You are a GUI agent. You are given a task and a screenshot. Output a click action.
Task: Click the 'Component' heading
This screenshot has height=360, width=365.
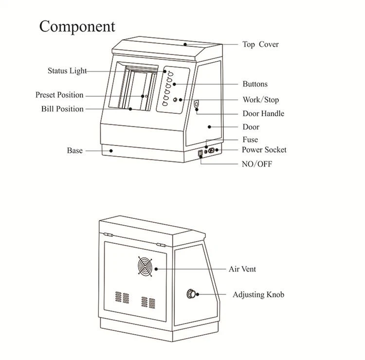coord(77,26)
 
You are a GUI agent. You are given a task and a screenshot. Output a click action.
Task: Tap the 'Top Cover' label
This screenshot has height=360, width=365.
coord(260,44)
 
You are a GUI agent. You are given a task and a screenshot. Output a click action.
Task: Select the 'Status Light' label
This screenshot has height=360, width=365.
coord(67,71)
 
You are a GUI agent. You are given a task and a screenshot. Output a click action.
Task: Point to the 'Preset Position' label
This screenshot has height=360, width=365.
coord(59,95)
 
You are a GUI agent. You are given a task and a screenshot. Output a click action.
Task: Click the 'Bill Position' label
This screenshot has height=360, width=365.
coord(62,109)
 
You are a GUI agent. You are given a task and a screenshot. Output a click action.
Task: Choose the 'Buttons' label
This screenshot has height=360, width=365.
coord(255,84)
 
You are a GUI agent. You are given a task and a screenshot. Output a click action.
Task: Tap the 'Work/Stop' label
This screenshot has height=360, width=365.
coord(261,100)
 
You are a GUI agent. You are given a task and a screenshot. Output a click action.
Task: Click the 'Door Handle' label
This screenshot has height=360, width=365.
coord(263,113)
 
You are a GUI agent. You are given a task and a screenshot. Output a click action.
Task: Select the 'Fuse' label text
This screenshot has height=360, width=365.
coord(250,140)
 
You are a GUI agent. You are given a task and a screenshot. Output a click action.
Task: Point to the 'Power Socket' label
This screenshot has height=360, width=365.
coord(264,150)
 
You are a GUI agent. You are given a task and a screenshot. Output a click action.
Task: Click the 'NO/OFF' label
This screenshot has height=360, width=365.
coord(256,164)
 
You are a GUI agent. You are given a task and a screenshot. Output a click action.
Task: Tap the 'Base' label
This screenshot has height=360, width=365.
coord(74,151)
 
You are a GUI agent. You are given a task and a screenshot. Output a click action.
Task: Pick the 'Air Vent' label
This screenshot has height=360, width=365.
coord(242,269)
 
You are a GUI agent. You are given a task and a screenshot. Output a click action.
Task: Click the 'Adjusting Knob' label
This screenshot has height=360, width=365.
coord(258,294)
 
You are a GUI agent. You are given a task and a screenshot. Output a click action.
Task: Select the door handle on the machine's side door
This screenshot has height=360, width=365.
coord(197,105)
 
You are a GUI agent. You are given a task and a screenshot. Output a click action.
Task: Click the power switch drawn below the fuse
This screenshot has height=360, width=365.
coord(200,156)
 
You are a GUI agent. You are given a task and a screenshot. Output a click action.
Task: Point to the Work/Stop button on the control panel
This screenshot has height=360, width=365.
coord(175,100)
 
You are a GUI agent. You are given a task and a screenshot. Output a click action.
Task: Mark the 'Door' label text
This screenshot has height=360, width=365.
coord(251,127)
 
